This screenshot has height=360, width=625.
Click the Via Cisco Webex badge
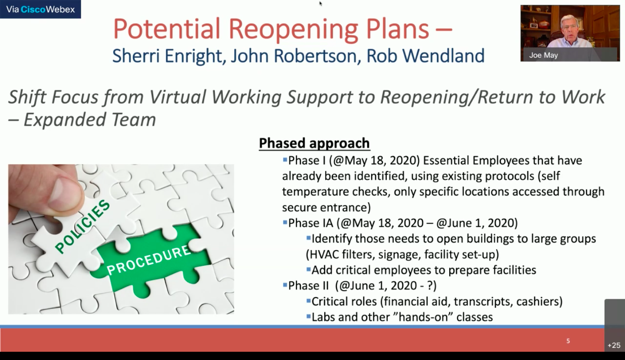coord(40,9)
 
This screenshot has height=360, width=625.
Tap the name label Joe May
coord(543,55)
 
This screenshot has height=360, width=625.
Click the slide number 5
coord(568,341)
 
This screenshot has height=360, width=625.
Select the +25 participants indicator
coord(614,346)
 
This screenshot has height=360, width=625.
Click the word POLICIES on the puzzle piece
coord(82,226)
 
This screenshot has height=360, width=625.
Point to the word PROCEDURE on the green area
coord(149,260)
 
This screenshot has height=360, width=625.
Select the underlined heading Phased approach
coord(314,143)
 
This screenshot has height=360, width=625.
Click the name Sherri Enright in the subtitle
coord(168,56)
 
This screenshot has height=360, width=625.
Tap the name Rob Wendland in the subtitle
coord(425,56)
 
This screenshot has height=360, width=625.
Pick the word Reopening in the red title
coord(293,30)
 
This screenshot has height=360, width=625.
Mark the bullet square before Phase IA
coord(285,222)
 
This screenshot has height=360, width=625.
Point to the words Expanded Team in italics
coord(89,120)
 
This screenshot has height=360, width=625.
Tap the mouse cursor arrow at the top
coord(321,3)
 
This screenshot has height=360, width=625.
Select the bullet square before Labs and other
coord(308,317)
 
